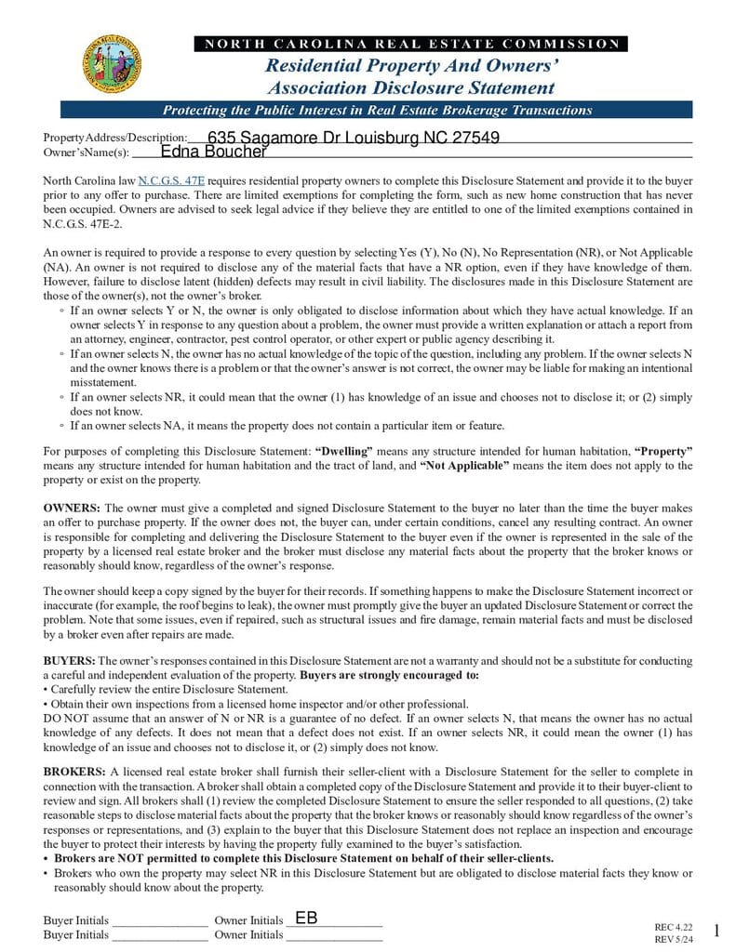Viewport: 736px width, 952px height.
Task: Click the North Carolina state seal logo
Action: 113,64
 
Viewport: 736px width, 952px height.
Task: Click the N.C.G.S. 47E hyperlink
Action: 171,180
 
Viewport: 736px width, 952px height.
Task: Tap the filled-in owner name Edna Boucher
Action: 214,152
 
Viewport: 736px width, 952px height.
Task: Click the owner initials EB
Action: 306,918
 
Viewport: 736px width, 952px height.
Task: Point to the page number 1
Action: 716,931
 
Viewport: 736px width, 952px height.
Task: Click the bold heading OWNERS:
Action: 72,508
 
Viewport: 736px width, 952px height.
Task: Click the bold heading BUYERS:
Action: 69,660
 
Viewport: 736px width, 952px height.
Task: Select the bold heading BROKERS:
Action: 74,772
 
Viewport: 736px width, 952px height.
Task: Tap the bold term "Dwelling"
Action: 344,451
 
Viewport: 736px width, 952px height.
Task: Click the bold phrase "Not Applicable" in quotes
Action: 464,465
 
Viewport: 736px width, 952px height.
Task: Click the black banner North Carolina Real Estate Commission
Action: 410,44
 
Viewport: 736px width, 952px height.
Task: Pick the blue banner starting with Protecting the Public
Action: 378,110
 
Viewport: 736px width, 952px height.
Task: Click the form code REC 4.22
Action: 674,927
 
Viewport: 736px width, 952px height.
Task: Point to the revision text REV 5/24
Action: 674,939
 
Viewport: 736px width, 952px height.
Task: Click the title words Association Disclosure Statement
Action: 410,88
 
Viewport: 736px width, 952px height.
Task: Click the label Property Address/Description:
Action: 115,138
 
